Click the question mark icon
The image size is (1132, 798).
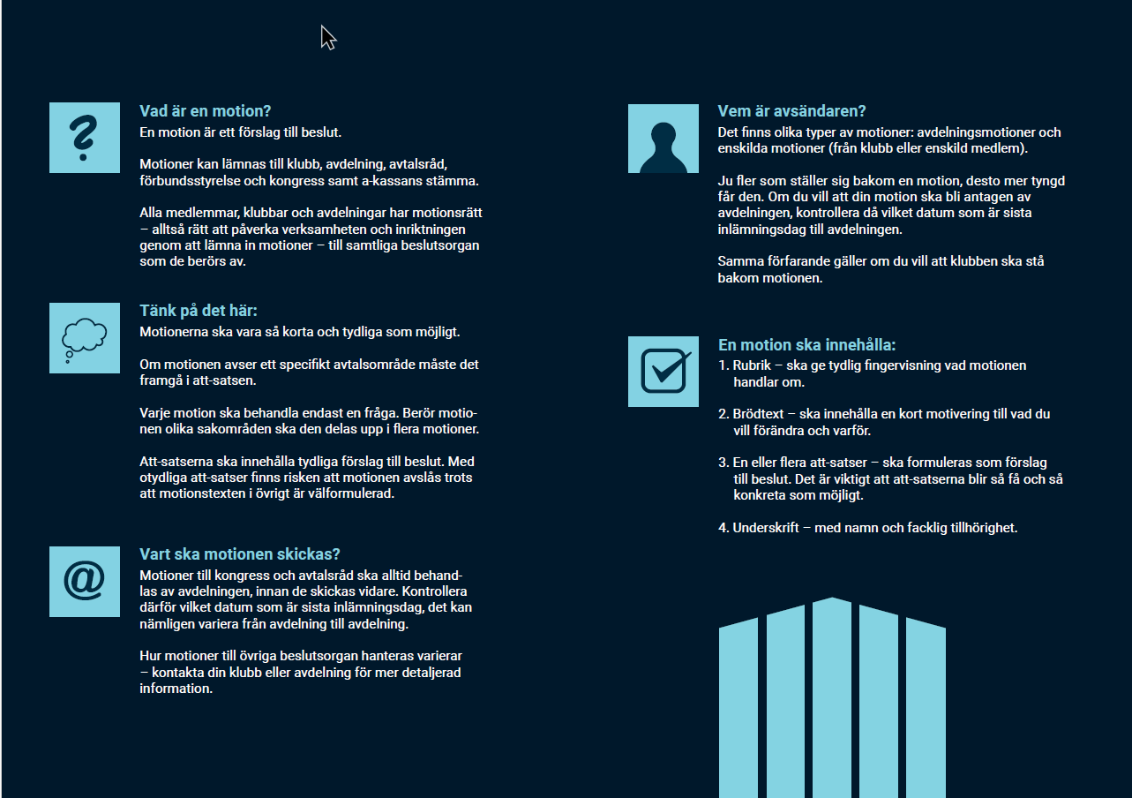click(84, 138)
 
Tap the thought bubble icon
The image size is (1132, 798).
click(84, 338)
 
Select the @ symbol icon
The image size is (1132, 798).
click(84, 581)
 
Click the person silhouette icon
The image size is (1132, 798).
click(663, 139)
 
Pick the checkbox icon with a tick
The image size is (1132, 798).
click(663, 371)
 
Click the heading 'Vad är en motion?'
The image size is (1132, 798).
click(205, 111)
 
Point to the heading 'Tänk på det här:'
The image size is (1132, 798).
click(198, 311)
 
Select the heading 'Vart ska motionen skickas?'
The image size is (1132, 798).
click(239, 554)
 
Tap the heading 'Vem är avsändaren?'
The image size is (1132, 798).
click(791, 111)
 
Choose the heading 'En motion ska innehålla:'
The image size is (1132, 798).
click(806, 345)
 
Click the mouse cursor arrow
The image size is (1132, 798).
click(327, 37)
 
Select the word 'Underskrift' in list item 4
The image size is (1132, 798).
click(765, 528)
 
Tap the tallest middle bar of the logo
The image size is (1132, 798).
click(831, 697)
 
